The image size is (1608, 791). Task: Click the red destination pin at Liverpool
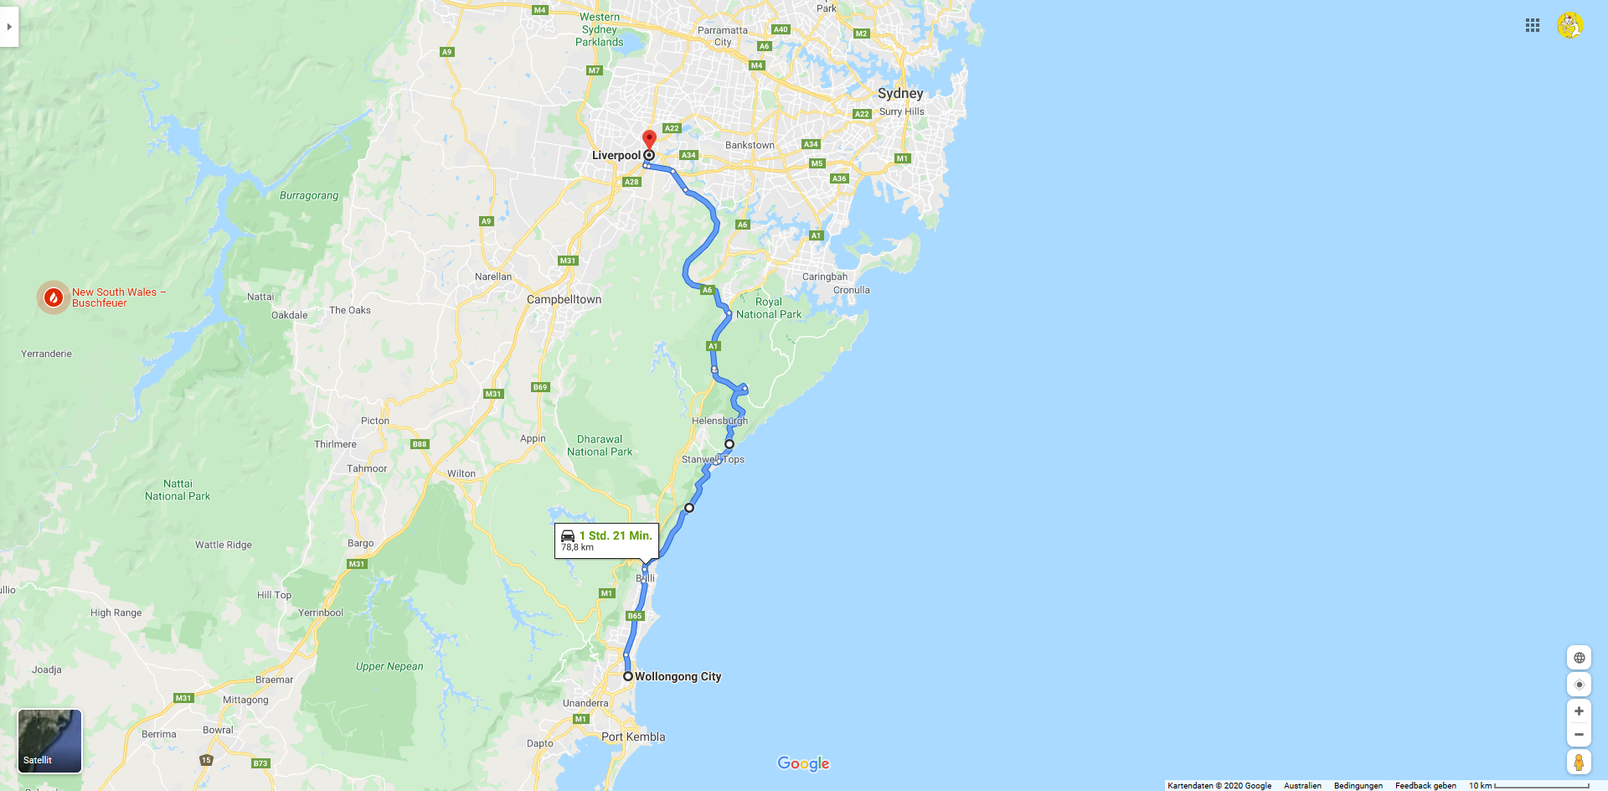tap(649, 139)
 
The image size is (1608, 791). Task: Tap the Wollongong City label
tap(678, 676)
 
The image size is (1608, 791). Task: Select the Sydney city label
tap(900, 93)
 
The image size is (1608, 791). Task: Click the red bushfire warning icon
tap(54, 297)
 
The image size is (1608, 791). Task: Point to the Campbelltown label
tap(564, 299)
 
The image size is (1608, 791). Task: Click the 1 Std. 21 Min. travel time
tap(615, 535)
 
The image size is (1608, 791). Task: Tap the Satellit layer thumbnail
tap(50, 741)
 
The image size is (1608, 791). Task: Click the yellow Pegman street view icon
tap(1579, 762)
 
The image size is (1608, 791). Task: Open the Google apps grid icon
tap(1533, 25)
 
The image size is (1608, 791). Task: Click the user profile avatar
tap(1570, 25)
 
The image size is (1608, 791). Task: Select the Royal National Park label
tap(769, 308)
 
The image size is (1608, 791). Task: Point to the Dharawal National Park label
tap(600, 445)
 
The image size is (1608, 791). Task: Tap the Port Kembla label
tap(633, 737)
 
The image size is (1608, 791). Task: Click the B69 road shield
tap(540, 387)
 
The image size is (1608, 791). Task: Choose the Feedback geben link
tap(1425, 785)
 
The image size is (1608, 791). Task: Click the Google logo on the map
tap(803, 763)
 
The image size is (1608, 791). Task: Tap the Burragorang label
tap(309, 195)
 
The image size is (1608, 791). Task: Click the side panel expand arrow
tap(9, 27)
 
